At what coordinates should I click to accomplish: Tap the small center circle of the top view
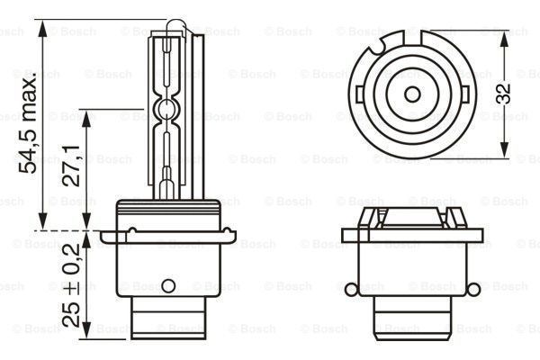pos(411,94)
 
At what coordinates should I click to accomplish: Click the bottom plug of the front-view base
pos(411,320)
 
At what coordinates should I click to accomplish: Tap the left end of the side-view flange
pos(103,238)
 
